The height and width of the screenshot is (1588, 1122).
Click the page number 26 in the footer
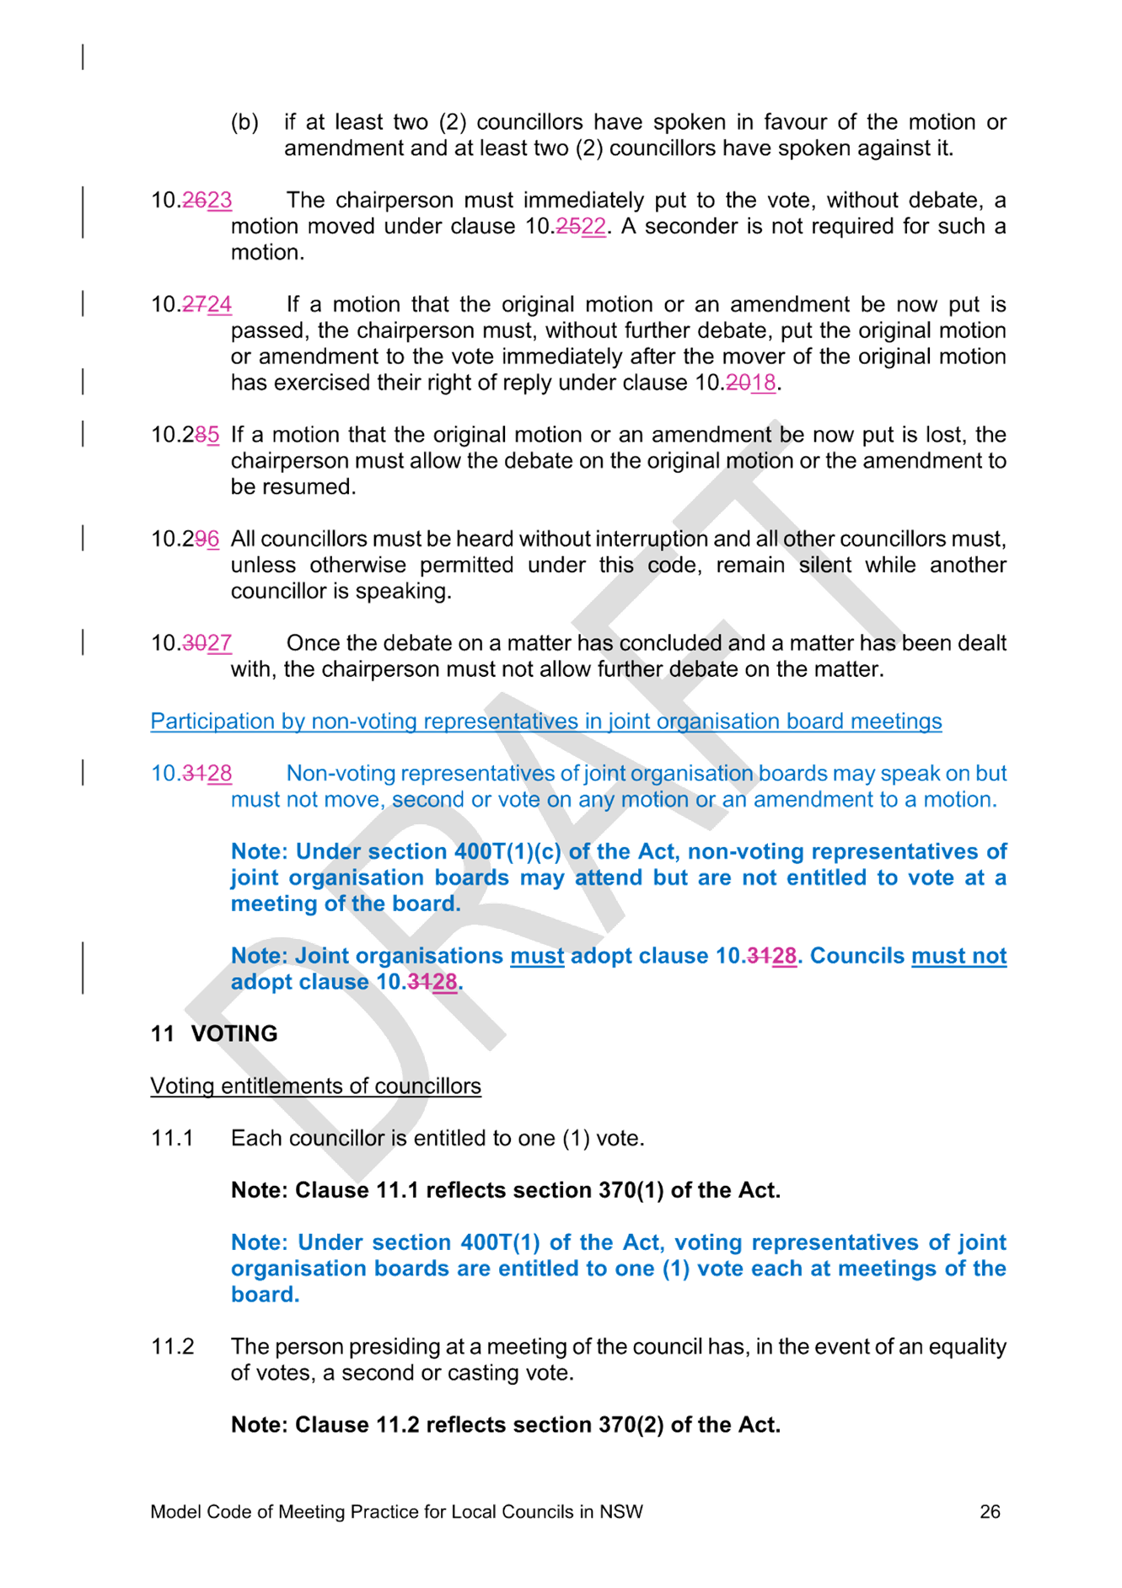click(x=990, y=1511)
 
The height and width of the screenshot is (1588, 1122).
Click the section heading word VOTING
click(x=234, y=1033)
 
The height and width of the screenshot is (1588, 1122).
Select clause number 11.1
click(x=172, y=1138)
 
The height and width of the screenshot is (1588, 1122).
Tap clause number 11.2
click(x=172, y=1346)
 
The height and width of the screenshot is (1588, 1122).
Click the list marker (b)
click(x=244, y=123)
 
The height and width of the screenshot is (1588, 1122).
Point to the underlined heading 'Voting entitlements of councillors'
click(x=316, y=1086)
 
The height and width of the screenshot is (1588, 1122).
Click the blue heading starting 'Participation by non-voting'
click(x=546, y=722)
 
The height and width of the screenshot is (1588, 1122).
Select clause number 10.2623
click(x=191, y=201)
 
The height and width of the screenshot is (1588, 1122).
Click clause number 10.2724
click(x=191, y=304)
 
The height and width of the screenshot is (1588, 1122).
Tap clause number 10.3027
click(x=191, y=643)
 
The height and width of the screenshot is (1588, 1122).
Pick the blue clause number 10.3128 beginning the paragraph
click(x=191, y=774)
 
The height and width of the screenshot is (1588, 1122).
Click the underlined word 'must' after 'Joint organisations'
click(x=537, y=956)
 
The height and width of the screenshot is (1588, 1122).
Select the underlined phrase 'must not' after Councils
click(x=959, y=956)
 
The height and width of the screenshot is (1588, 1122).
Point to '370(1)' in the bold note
click(x=631, y=1190)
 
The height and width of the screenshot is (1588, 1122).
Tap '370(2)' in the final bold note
click(x=631, y=1424)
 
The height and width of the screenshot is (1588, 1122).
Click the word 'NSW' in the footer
click(x=621, y=1511)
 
